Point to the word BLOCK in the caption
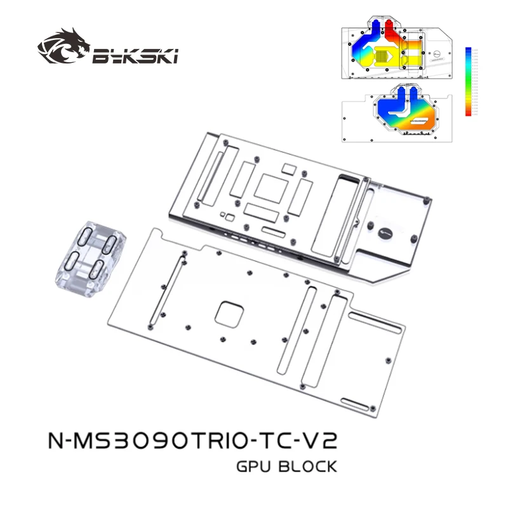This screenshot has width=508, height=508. pos(309,467)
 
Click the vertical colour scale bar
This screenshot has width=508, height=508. pos(468,81)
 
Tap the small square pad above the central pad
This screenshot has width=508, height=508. pos(289,168)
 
